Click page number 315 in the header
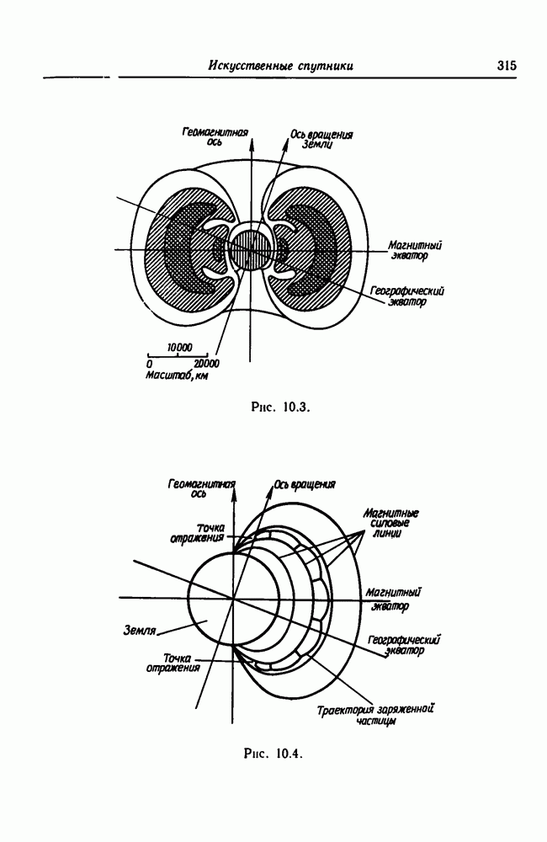[507, 66]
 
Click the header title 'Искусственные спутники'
[281, 66]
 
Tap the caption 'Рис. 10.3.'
[281, 407]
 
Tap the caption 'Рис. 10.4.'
[273, 754]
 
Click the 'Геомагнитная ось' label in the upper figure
[215, 136]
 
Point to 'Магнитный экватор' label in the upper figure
[415, 250]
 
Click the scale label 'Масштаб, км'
[177, 376]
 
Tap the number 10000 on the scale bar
[179, 348]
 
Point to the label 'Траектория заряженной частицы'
[375, 715]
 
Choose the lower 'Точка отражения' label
[173, 663]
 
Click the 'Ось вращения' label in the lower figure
[305, 484]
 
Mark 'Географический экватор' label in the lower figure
[405, 645]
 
